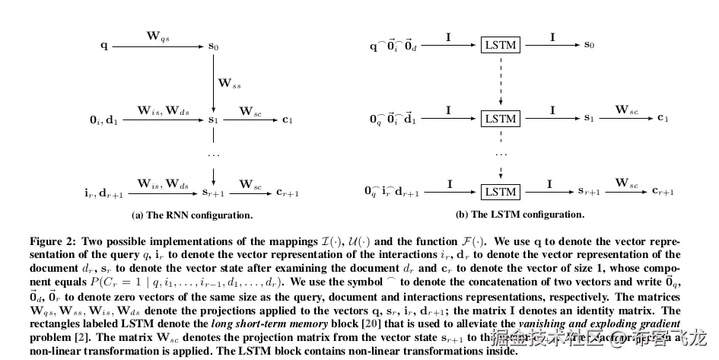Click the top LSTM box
pyautogui.click(x=501, y=45)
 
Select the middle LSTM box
pyautogui.click(x=501, y=118)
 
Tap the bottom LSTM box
pyautogui.click(x=501, y=192)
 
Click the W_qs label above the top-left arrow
pyautogui.click(x=158, y=35)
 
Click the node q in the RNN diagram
pyautogui.click(x=104, y=46)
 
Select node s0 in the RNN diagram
pyautogui.click(x=214, y=46)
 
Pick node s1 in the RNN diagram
pyautogui.click(x=214, y=119)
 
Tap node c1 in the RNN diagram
pyautogui.click(x=287, y=119)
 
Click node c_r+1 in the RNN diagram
pyautogui.click(x=288, y=193)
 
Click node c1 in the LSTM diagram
pyautogui.click(x=663, y=119)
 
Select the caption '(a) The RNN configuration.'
pyautogui.click(x=192, y=215)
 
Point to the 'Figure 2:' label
pyautogui.click(x=52, y=241)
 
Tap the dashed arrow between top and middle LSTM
pyautogui.click(x=501, y=80)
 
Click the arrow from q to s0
pyautogui.click(x=158, y=46)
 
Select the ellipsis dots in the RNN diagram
pyautogui.click(x=214, y=155)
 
